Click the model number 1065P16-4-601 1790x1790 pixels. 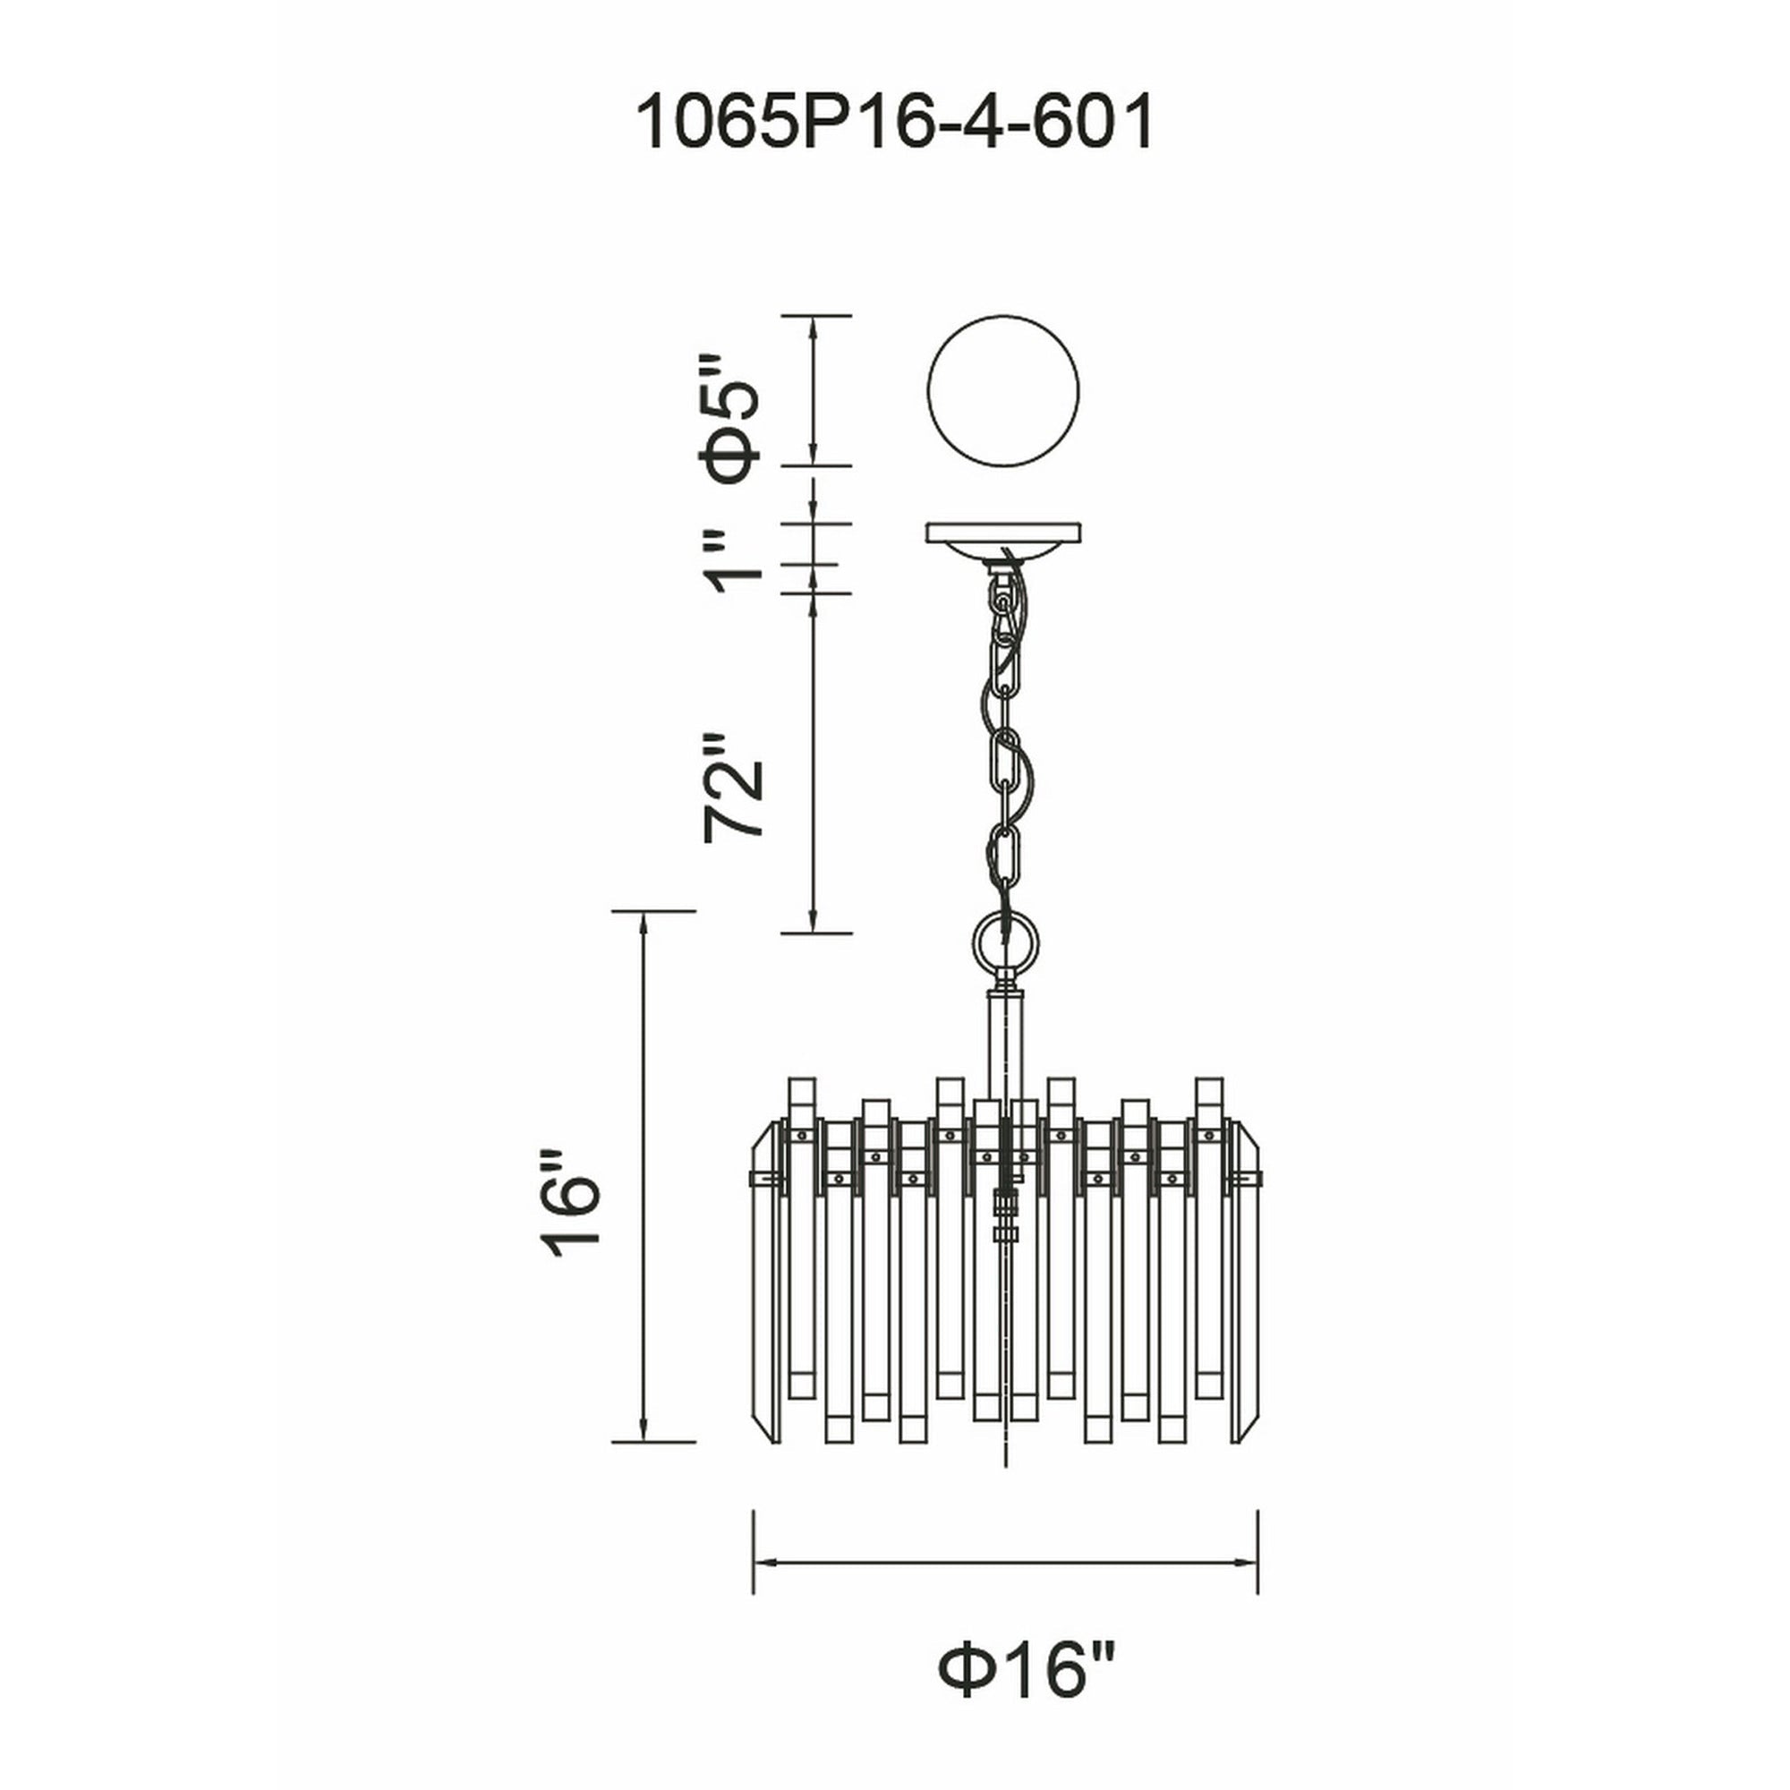pos(895,124)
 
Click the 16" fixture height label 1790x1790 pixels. pos(573,1203)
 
